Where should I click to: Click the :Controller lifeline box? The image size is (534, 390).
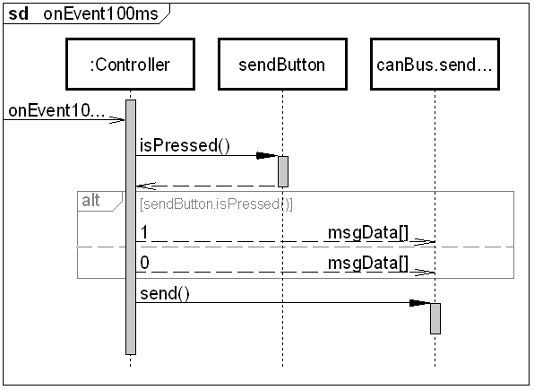pos(131,64)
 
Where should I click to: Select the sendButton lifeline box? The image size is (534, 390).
pos(282,64)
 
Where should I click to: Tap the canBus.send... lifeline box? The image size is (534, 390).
pos(435,64)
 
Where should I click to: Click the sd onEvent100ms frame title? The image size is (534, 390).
pos(83,14)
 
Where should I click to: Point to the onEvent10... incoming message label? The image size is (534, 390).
pos(56,110)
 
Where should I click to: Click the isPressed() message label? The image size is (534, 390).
pos(185,145)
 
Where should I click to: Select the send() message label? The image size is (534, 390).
pos(165,293)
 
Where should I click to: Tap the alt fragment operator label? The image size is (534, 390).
pos(90,201)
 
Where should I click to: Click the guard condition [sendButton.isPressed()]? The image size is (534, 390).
pos(216,204)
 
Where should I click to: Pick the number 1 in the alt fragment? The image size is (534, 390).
pos(144,232)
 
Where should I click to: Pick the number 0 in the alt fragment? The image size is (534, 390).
pos(145,263)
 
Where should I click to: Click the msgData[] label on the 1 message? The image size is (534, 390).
pos(368,233)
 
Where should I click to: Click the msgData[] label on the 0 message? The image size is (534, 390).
pos(368,264)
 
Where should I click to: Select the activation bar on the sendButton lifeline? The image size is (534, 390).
pos(283,171)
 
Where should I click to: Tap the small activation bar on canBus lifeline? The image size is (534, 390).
pos(435,318)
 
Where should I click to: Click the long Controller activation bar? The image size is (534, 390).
pos(131,227)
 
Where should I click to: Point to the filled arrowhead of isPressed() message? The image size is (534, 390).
pos(267,156)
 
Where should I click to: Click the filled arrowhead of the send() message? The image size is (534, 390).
pos(419,303)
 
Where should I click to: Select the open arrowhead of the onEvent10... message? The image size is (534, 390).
pos(117,119)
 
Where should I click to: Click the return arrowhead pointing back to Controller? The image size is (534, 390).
pos(146,186)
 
